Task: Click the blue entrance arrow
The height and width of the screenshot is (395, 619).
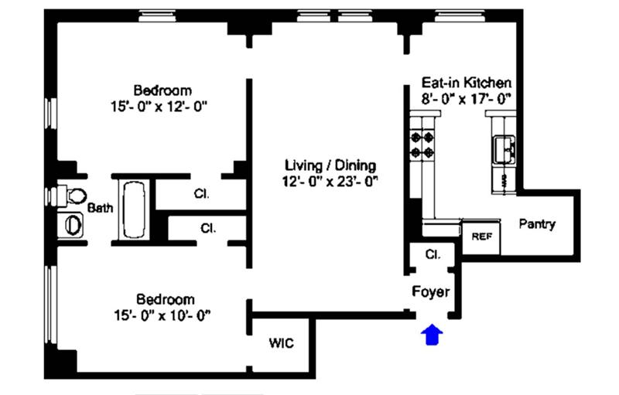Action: tap(432, 334)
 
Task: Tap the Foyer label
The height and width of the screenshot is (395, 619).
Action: tap(431, 291)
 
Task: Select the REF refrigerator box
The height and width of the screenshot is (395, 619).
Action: tap(481, 237)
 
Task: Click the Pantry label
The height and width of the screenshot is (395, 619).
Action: tap(537, 224)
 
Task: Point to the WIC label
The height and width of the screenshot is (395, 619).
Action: tap(281, 343)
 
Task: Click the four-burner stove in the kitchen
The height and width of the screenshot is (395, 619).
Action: tap(422, 145)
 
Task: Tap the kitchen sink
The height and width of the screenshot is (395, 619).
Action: tap(504, 149)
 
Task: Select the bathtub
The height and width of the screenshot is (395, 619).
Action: tap(134, 210)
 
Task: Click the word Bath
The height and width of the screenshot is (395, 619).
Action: tap(100, 208)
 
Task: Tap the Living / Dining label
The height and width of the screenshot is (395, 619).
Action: tap(330, 165)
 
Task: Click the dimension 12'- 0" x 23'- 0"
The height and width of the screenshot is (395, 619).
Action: tap(330, 182)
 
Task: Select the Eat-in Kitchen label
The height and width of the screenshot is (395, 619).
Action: tap(467, 83)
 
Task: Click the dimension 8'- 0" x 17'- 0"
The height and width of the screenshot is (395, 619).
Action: tap(467, 98)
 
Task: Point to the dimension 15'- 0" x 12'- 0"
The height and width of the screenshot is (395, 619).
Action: tap(159, 107)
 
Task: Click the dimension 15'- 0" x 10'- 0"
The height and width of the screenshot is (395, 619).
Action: tap(162, 315)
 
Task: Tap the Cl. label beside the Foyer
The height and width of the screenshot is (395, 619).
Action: tap(433, 254)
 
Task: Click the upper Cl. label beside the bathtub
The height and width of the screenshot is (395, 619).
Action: tap(201, 194)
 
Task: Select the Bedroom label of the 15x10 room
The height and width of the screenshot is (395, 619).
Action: tap(166, 299)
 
